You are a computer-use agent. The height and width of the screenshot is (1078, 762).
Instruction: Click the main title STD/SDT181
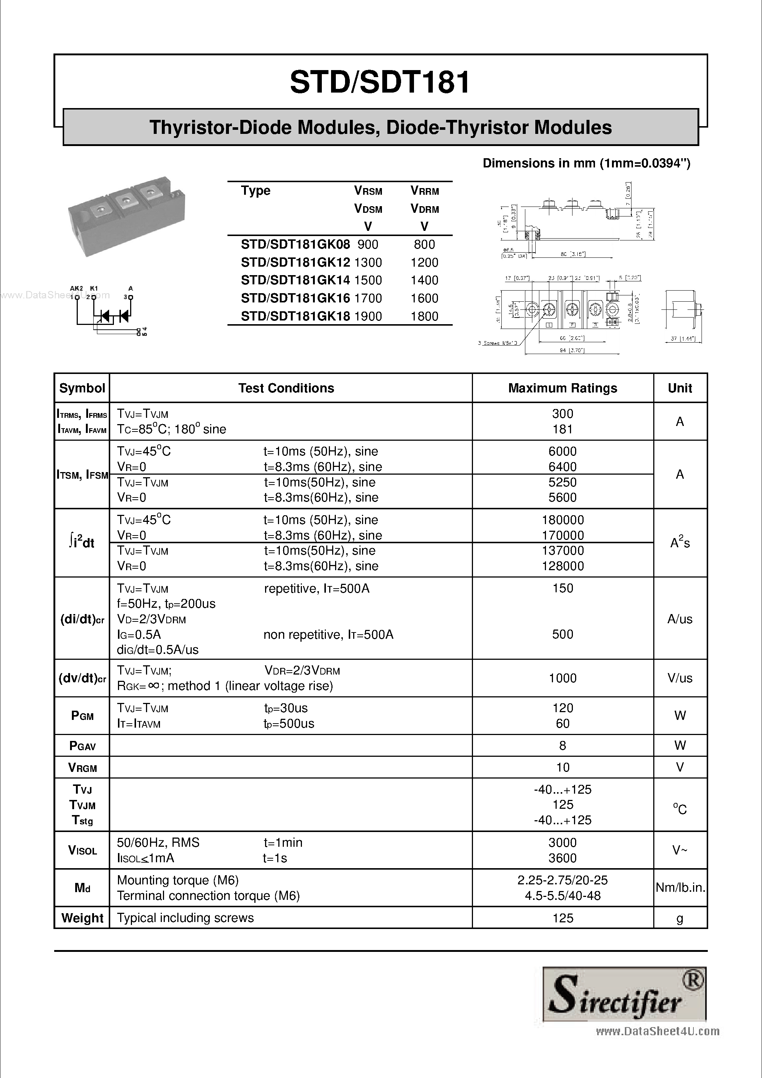380,83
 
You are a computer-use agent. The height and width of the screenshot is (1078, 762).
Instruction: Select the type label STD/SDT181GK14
295,280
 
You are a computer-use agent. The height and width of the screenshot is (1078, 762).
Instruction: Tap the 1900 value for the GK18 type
368,316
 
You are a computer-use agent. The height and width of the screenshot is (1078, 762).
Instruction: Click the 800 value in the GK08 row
424,245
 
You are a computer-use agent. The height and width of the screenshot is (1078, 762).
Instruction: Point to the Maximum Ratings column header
562,388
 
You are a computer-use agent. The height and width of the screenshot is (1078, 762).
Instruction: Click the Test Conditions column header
286,388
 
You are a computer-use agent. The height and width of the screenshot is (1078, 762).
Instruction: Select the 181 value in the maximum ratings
562,429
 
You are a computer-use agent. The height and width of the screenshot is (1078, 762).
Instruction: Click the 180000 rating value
562,520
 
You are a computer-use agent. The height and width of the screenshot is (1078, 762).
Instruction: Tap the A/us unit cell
679,619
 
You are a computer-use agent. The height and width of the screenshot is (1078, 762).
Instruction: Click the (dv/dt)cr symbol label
82,679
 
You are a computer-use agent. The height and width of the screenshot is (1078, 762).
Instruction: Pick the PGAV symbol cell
82,746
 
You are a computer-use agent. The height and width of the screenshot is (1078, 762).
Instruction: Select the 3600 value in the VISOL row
562,858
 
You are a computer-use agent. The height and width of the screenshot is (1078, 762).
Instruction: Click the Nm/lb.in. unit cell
680,887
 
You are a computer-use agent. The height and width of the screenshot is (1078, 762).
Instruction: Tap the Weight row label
82,918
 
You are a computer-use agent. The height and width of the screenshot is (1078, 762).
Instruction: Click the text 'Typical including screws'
185,918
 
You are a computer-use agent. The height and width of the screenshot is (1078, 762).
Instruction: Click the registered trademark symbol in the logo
695,980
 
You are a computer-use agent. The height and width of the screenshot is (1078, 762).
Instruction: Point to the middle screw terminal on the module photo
125,201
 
